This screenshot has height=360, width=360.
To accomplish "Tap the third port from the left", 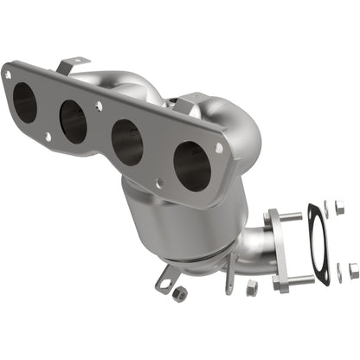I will point(127,142).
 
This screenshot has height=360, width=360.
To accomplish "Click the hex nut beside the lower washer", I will point(353,271).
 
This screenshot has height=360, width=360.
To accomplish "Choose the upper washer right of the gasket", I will point(327,206).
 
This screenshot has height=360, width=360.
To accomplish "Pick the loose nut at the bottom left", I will point(179,297).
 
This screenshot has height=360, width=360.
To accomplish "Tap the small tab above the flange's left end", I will point(74,64).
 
